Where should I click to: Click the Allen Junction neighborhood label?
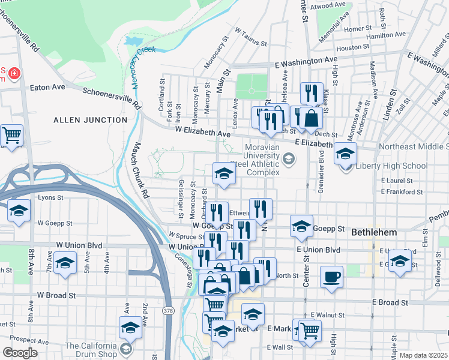[90, 120]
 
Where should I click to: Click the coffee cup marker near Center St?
[332, 277]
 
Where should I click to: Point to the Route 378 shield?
[169, 310]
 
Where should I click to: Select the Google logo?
[20, 353]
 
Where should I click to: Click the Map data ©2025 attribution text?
[423, 355]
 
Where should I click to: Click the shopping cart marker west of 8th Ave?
[11, 136]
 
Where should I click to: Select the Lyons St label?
[51, 197]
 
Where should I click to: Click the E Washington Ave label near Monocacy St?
[306, 61]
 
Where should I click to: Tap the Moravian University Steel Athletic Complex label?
[262, 160]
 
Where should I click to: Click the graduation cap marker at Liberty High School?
[345, 154]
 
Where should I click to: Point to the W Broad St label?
[56, 295]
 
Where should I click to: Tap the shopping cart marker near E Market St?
[310, 329]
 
